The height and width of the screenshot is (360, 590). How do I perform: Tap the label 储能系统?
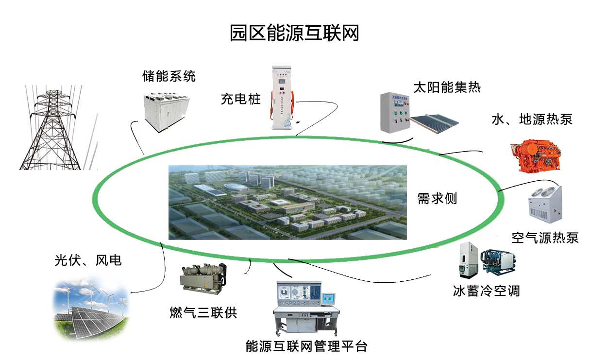pos(169,76)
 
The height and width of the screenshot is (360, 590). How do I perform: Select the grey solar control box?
pos(395,112)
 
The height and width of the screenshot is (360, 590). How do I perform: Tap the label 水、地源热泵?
pos(532,119)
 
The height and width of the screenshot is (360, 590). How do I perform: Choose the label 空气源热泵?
pos(545,238)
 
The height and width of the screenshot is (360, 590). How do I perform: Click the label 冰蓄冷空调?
pos(486,291)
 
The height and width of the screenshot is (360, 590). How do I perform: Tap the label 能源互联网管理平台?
pos(306,346)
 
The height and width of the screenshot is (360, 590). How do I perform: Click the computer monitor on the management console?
pos(329,298)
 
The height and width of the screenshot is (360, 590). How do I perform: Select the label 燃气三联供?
pos(203,312)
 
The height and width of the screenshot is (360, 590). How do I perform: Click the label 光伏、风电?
pos(87,261)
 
